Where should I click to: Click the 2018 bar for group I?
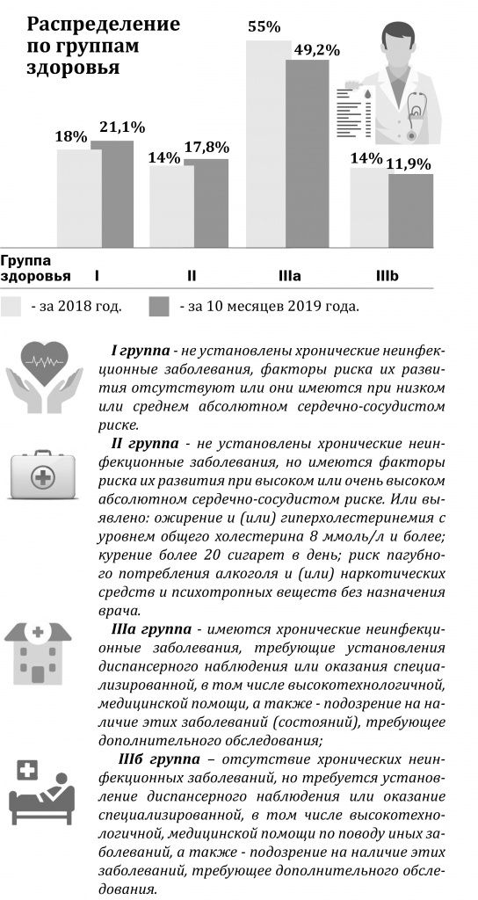coord(80,197)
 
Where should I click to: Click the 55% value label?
coord(264,27)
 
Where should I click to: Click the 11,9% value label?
coord(409,164)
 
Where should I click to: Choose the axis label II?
coord(192,276)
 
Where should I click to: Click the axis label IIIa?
coord(289,276)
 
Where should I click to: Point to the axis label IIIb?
coord(387,276)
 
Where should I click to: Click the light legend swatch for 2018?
coord(11,306)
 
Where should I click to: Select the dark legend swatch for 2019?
coord(158,306)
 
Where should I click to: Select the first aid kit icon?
coord(40,477)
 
